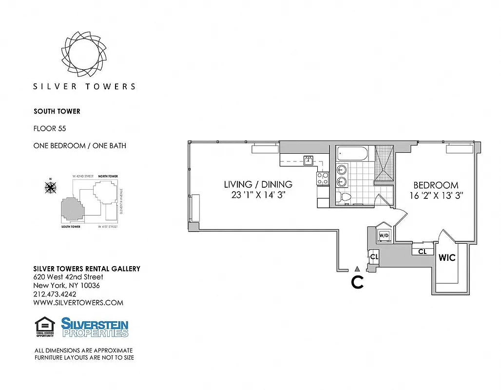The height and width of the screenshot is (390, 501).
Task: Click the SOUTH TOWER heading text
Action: [x=57, y=111]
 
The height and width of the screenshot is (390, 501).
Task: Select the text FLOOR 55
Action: [x=50, y=129]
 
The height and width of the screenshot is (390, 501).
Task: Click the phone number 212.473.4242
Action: [x=55, y=294]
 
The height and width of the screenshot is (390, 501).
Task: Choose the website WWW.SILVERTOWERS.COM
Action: [x=78, y=303]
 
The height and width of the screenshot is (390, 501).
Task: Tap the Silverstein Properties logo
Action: [x=95, y=327]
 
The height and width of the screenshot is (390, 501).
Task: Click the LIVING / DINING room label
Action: [x=258, y=184]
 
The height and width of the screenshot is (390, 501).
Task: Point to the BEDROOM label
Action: [x=436, y=185]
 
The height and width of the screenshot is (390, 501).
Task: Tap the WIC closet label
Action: [x=447, y=257]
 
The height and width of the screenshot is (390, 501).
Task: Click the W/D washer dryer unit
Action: [x=384, y=236]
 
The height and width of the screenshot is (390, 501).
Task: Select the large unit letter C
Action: [x=357, y=282]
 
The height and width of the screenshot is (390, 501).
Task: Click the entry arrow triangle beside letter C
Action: [x=357, y=269]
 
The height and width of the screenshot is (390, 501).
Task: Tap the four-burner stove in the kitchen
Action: [x=323, y=178]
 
